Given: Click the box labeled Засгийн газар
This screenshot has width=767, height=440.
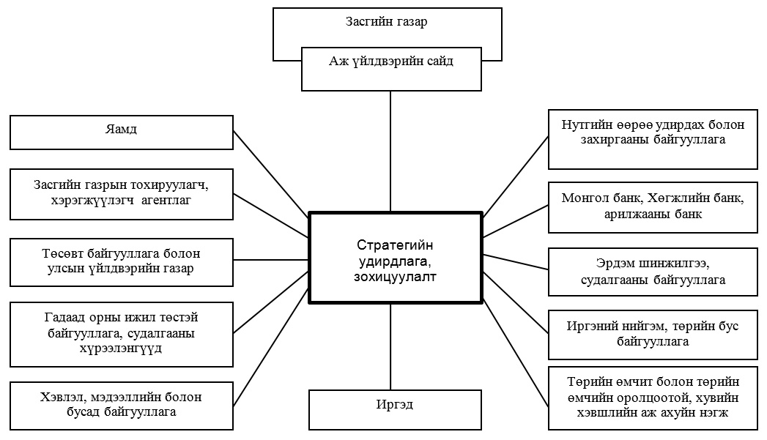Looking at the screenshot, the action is pyautogui.click(x=387, y=22).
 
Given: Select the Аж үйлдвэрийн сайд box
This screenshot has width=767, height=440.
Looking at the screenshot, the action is pyautogui.click(x=391, y=69).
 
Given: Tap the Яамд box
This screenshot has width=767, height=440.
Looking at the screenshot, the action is pyautogui.click(x=122, y=133).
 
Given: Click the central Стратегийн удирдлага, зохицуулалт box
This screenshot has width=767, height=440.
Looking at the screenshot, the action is pyautogui.click(x=396, y=258).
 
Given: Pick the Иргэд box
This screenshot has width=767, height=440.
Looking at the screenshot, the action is pyautogui.click(x=395, y=410).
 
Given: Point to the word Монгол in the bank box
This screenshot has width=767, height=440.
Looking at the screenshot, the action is pyautogui.click(x=581, y=198).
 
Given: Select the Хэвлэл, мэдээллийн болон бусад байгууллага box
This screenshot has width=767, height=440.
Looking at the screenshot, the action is pyautogui.click(x=122, y=406).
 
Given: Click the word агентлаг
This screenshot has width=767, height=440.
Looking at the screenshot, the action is pyautogui.click(x=166, y=201).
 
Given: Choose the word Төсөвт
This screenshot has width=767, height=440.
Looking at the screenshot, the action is pyautogui.click(x=63, y=254).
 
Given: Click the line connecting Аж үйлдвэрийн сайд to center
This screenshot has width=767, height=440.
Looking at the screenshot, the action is pyautogui.click(x=390, y=152).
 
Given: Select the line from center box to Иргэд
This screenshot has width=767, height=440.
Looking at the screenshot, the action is pyautogui.click(x=390, y=346).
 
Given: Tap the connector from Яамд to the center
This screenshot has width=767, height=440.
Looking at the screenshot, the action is pyautogui.click(x=270, y=174).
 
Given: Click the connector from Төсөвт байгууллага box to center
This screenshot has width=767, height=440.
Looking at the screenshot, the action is pyautogui.click(x=270, y=259).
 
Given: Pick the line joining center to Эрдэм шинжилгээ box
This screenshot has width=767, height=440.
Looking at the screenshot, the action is pyautogui.click(x=516, y=262).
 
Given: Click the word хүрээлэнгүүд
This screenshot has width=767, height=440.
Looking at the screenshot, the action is pyautogui.click(x=121, y=348).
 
